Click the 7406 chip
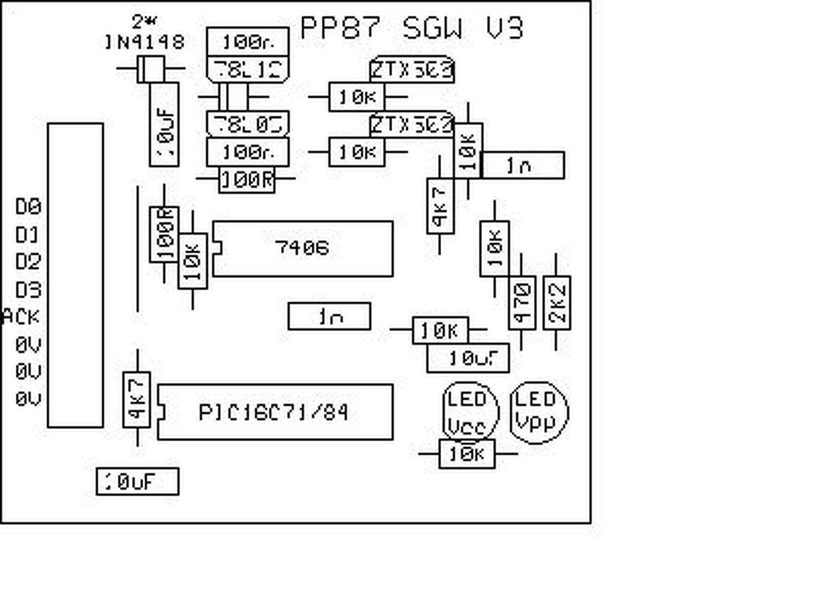(x=302, y=249)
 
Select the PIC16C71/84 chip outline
(x=275, y=412)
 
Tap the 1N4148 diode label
(x=145, y=42)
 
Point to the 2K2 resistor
(x=557, y=303)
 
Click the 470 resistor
(x=521, y=303)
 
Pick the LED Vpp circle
(x=539, y=412)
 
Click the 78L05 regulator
(x=247, y=124)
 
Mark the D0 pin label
(x=28, y=207)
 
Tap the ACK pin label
(x=22, y=317)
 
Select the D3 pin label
(x=28, y=290)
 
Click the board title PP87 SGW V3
(x=411, y=29)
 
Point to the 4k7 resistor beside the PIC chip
(x=136, y=400)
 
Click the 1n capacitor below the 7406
(x=329, y=316)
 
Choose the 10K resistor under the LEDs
(x=467, y=454)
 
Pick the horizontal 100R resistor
(x=247, y=180)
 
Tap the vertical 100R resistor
(x=164, y=234)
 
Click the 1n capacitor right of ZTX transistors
(x=522, y=165)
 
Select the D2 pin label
(x=28, y=261)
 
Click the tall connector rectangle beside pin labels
(x=75, y=275)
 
